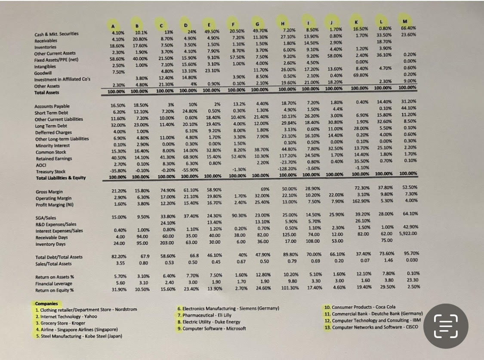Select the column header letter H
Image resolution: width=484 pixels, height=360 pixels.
click(x=283, y=23)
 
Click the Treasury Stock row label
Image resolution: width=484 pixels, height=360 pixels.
click(x=51, y=171)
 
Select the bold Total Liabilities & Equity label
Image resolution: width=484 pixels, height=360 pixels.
click(x=61, y=178)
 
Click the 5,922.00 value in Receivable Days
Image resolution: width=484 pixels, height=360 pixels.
click(x=407, y=234)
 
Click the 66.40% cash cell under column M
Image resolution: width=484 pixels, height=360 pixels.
click(x=407, y=28)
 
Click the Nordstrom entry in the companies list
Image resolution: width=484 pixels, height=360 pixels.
click(x=86, y=309)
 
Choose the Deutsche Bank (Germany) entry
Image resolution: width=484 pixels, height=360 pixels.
click(x=374, y=314)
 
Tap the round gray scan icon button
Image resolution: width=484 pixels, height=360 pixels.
click(x=445, y=325)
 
